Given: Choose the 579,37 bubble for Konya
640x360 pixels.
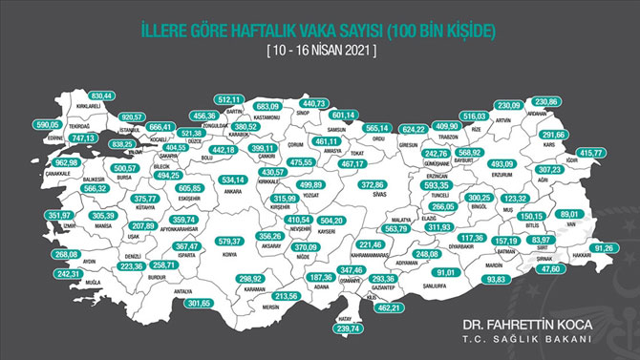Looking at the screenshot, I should coord(232,241).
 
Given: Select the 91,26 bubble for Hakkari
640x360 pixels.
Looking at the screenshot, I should coord(601,248).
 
